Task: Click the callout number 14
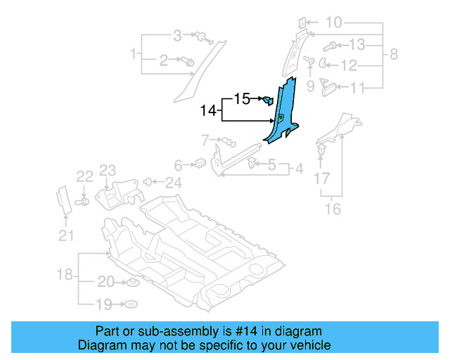[x=209, y=110]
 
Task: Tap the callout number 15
[x=242, y=99]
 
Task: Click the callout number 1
[x=132, y=54]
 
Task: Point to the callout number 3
[x=177, y=35]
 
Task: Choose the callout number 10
[x=333, y=23]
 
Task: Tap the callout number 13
[x=357, y=46]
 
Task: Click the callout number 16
[x=333, y=208]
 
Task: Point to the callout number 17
[x=321, y=179]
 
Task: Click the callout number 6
[x=179, y=166]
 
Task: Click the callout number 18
[x=65, y=275]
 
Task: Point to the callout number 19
[x=104, y=304]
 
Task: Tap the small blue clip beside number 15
[x=268, y=99]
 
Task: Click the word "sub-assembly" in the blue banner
[x=165, y=331]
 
